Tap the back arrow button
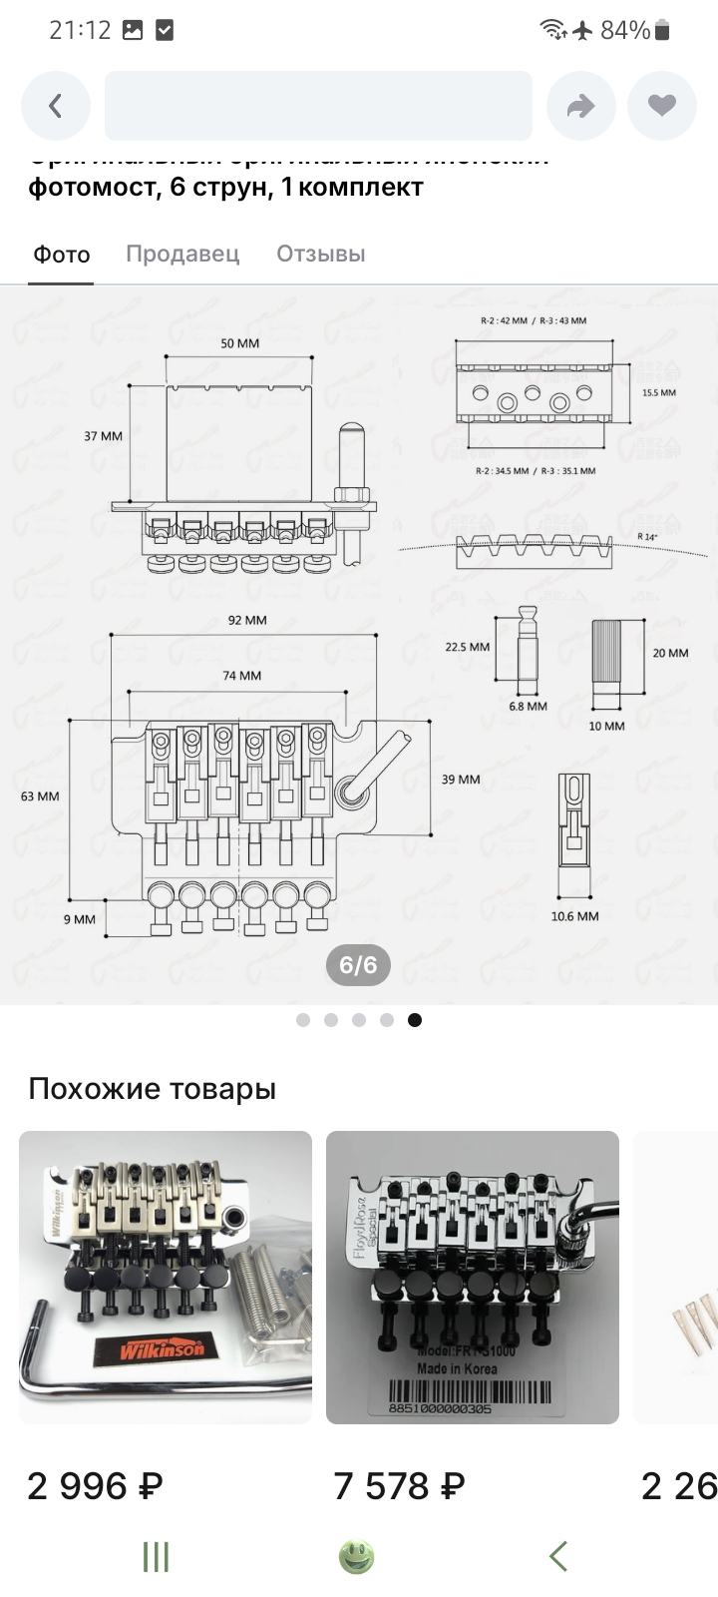(x=56, y=106)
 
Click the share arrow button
(x=581, y=106)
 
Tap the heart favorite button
(x=662, y=106)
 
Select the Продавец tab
(x=182, y=254)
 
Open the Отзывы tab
(x=321, y=254)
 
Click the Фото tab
(x=62, y=255)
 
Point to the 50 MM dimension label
(x=239, y=343)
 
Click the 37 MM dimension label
(x=103, y=436)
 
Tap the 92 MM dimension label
(x=247, y=620)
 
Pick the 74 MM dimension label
(x=242, y=676)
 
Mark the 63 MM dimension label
(x=40, y=797)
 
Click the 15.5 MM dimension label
(x=658, y=393)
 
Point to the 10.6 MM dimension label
(x=574, y=916)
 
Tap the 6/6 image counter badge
(x=359, y=965)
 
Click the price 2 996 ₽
(x=95, y=1486)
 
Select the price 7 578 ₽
(x=399, y=1486)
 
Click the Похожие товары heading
(x=152, y=1088)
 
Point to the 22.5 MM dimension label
(x=467, y=647)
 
